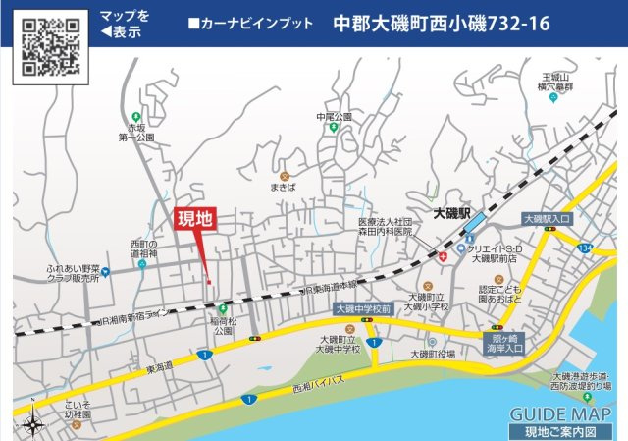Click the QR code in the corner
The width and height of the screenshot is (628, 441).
pos(50,46)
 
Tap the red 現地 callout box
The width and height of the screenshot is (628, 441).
pos(194,221)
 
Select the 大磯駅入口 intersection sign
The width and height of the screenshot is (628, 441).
pos(548,219)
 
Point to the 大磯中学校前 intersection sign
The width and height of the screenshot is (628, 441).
pos(363,308)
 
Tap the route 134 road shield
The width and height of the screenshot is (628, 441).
pos(585,249)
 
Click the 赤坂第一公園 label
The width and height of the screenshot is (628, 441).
pos(138,133)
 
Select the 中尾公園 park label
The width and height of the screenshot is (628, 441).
pos(334,117)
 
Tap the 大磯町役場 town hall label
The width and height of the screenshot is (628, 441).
pos(432,355)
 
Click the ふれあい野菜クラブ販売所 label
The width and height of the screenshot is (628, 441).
pos(72,272)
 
